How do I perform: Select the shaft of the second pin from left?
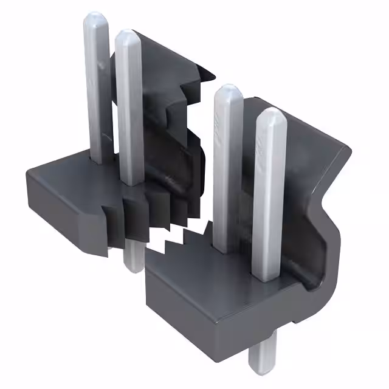coord(128,109)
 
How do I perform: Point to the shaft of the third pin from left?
coord(224,170)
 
